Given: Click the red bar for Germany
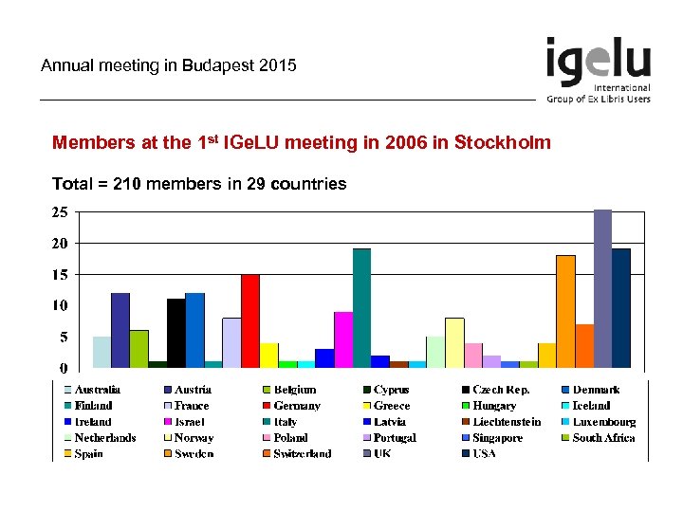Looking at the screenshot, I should [x=249, y=320].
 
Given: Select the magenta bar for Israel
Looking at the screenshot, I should [x=342, y=338].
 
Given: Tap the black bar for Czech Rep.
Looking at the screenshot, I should [x=175, y=332].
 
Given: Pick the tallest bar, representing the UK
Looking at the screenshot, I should [x=602, y=288].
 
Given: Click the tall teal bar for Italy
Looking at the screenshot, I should [x=361, y=307].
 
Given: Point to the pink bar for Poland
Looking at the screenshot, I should [x=472, y=355].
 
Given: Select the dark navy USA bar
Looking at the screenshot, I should [x=621, y=307].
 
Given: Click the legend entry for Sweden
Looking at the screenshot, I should [x=194, y=454].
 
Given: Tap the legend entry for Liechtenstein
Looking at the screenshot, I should [x=507, y=422].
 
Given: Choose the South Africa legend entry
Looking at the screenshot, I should [x=604, y=438].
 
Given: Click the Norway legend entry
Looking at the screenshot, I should [x=194, y=438].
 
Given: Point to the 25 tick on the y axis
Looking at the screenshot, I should [x=59, y=212].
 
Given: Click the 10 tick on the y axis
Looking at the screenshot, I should [x=59, y=305].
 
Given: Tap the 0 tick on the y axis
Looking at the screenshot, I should [x=64, y=368].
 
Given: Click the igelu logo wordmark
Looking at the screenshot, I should [x=598, y=62].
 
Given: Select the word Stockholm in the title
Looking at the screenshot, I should [x=502, y=143].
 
